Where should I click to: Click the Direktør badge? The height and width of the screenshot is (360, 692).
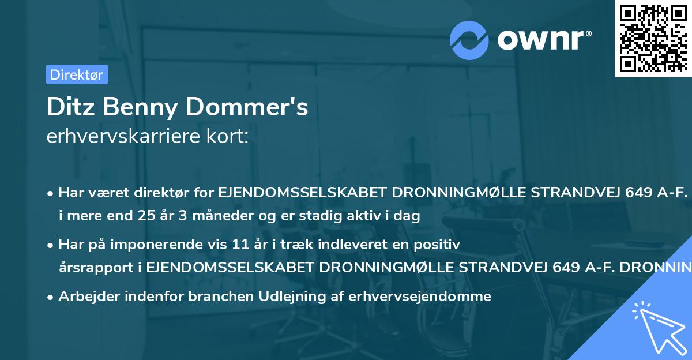[77, 74]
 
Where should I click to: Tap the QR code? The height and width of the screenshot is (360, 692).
[653, 39]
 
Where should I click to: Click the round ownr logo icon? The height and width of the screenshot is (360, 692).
[469, 40]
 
